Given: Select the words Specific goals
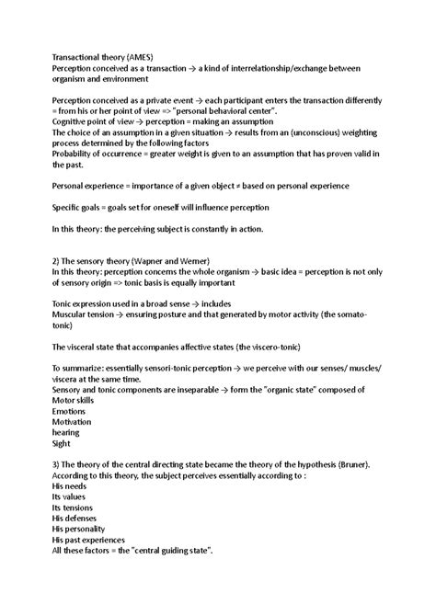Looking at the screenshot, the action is pyautogui.click(x=83, y=207).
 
